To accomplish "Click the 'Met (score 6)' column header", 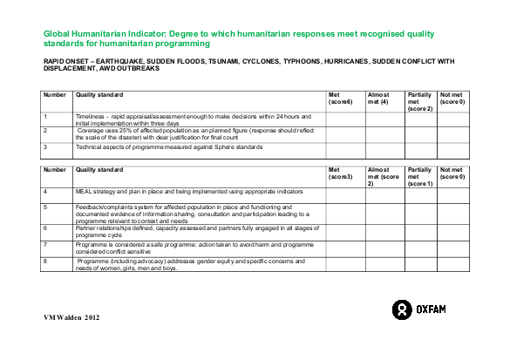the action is (339, 98).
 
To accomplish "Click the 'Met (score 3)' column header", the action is (339, 173).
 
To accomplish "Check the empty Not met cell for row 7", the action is (453, 248).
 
